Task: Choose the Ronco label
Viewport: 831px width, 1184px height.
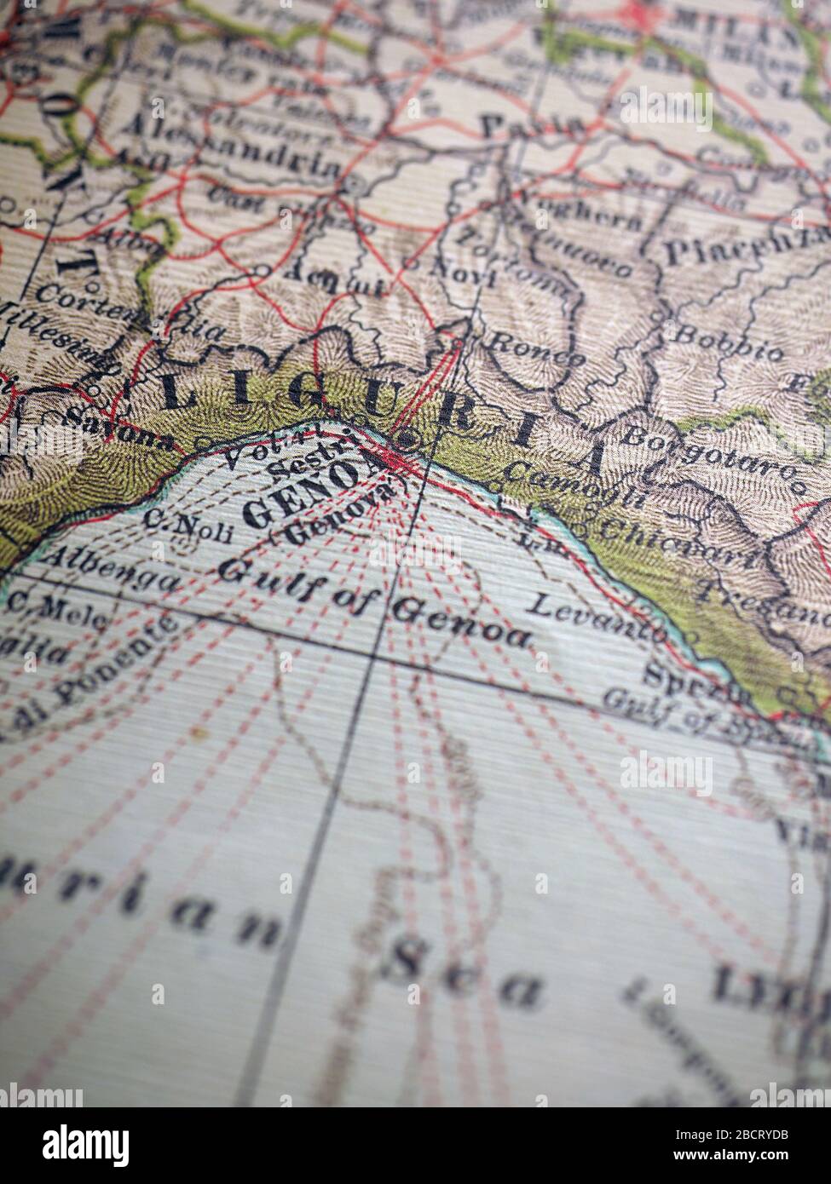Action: pyautogui.click(x=534, y=353)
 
